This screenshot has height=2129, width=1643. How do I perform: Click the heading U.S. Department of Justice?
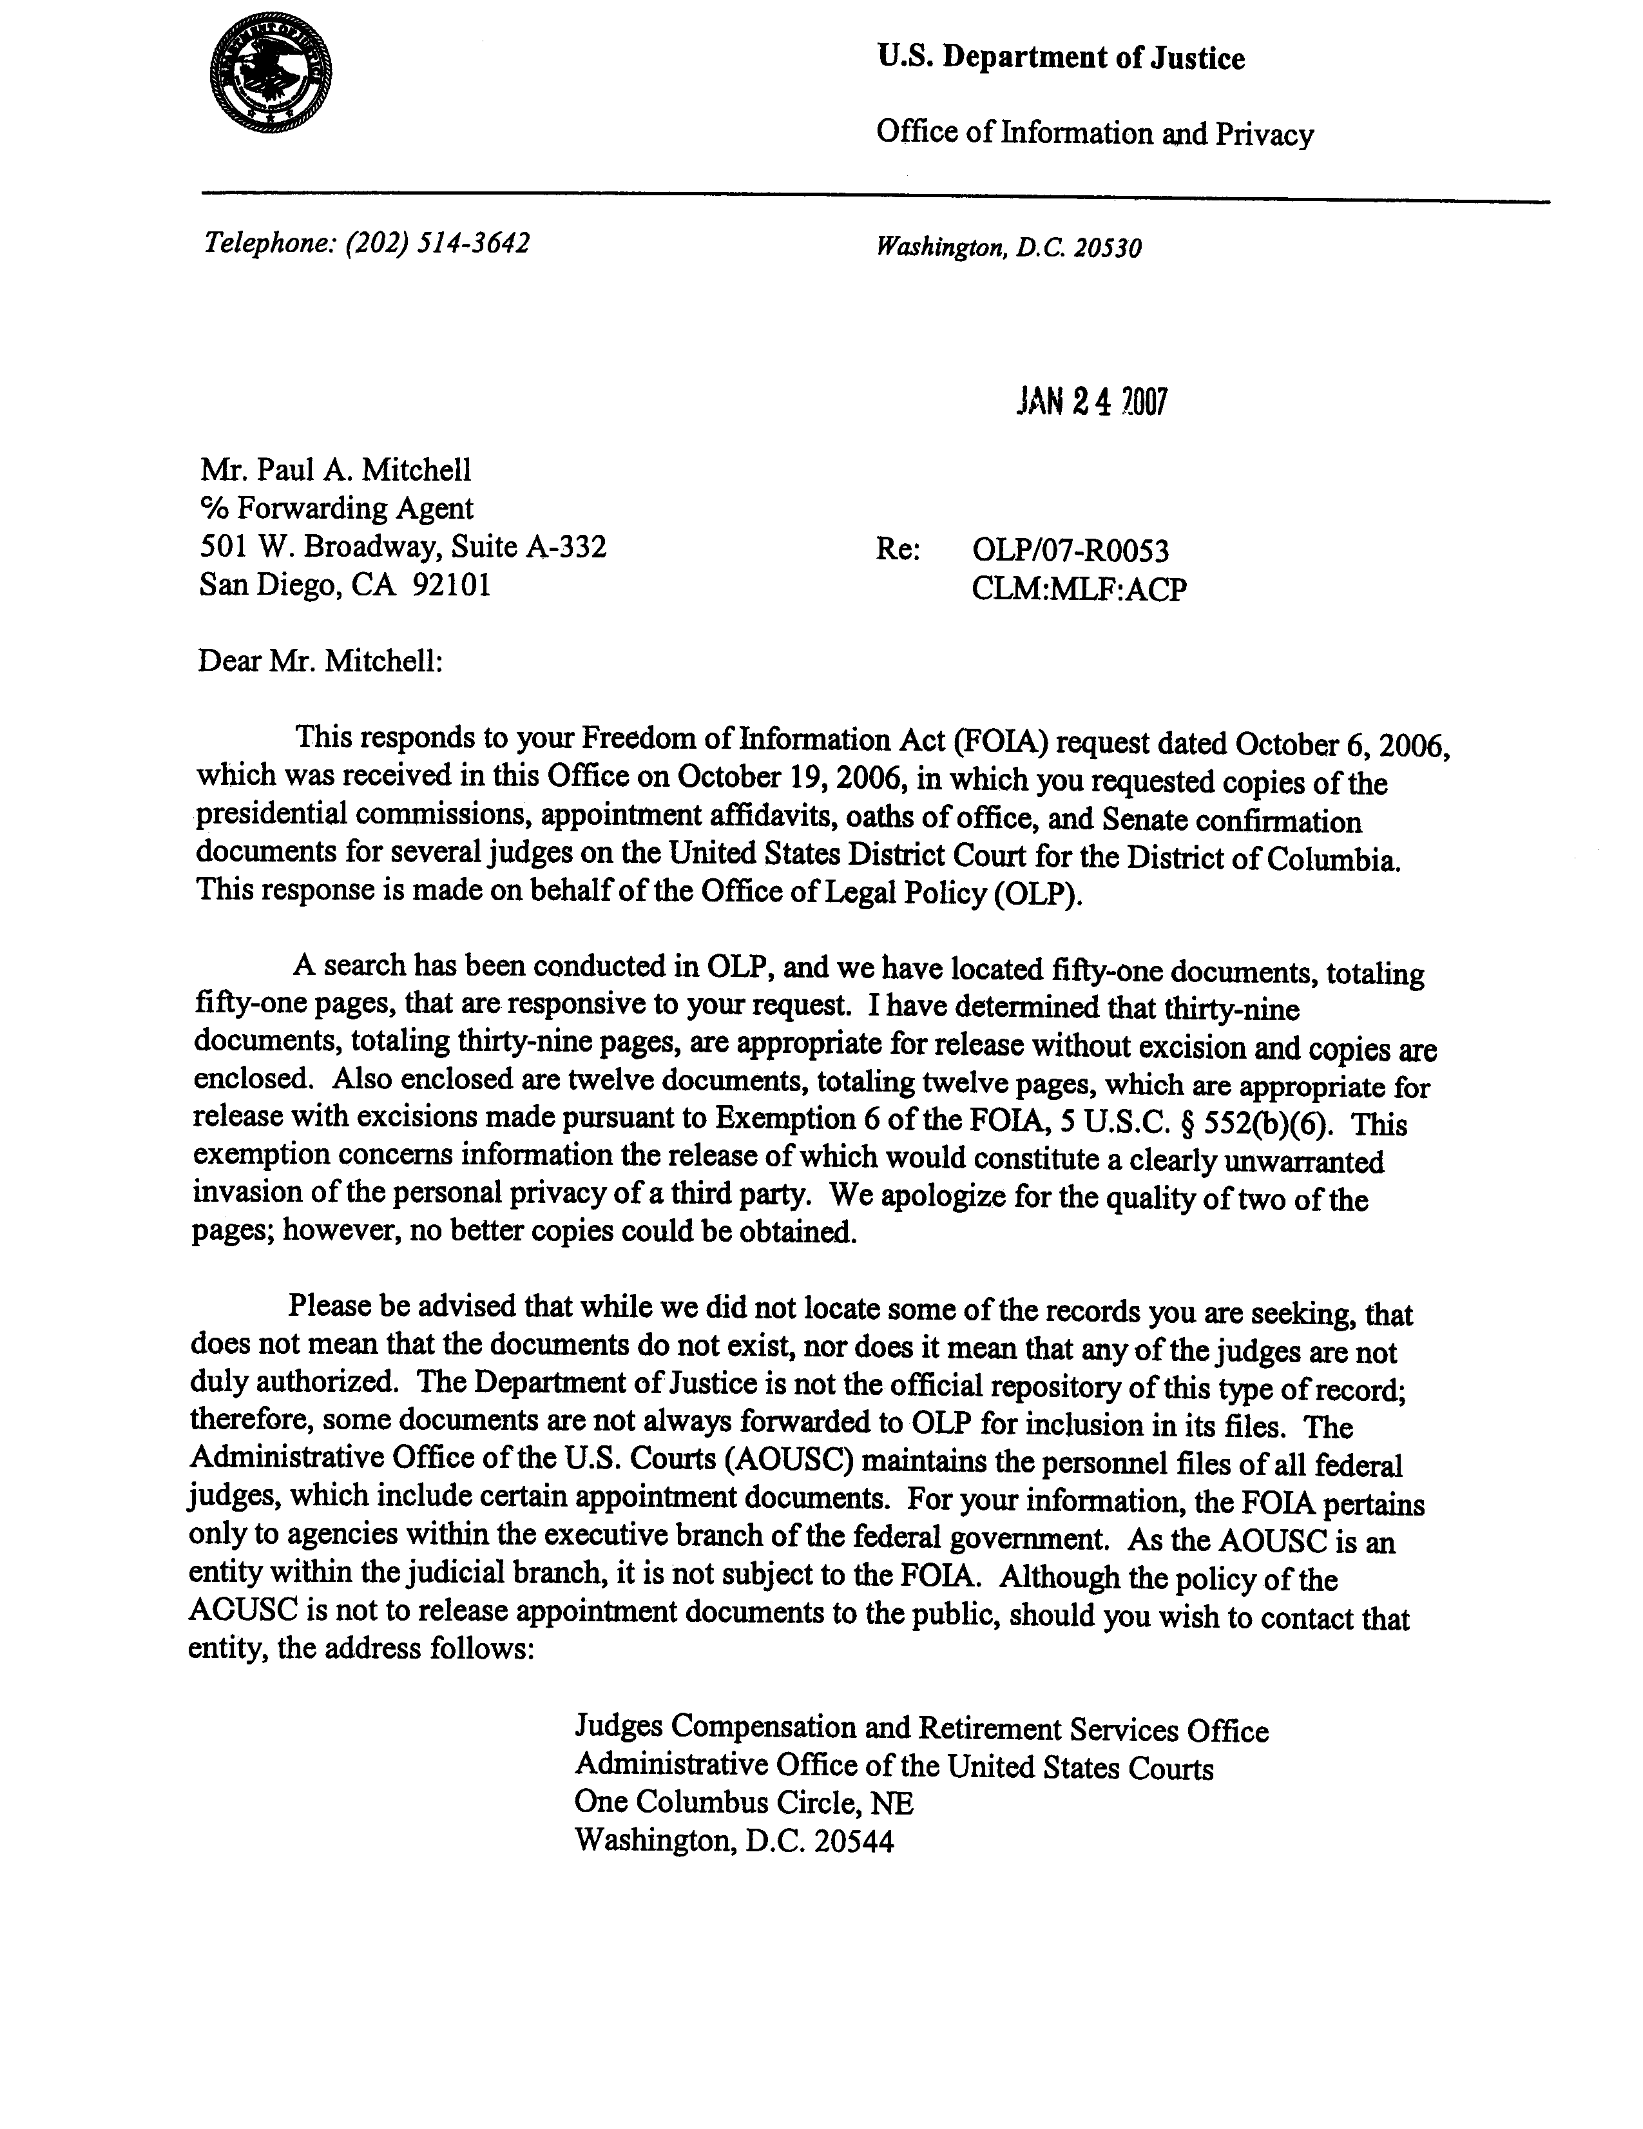pos(1061,59)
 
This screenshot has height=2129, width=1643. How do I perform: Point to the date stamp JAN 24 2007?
pos(1090,401)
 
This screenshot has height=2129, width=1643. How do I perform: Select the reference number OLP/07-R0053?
pos(1070,551)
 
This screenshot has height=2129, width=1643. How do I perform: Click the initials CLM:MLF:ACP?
pos(1079,589)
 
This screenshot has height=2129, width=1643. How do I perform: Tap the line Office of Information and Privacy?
pos(1094,133)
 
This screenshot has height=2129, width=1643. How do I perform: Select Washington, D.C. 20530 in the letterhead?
pos(1008,247)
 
